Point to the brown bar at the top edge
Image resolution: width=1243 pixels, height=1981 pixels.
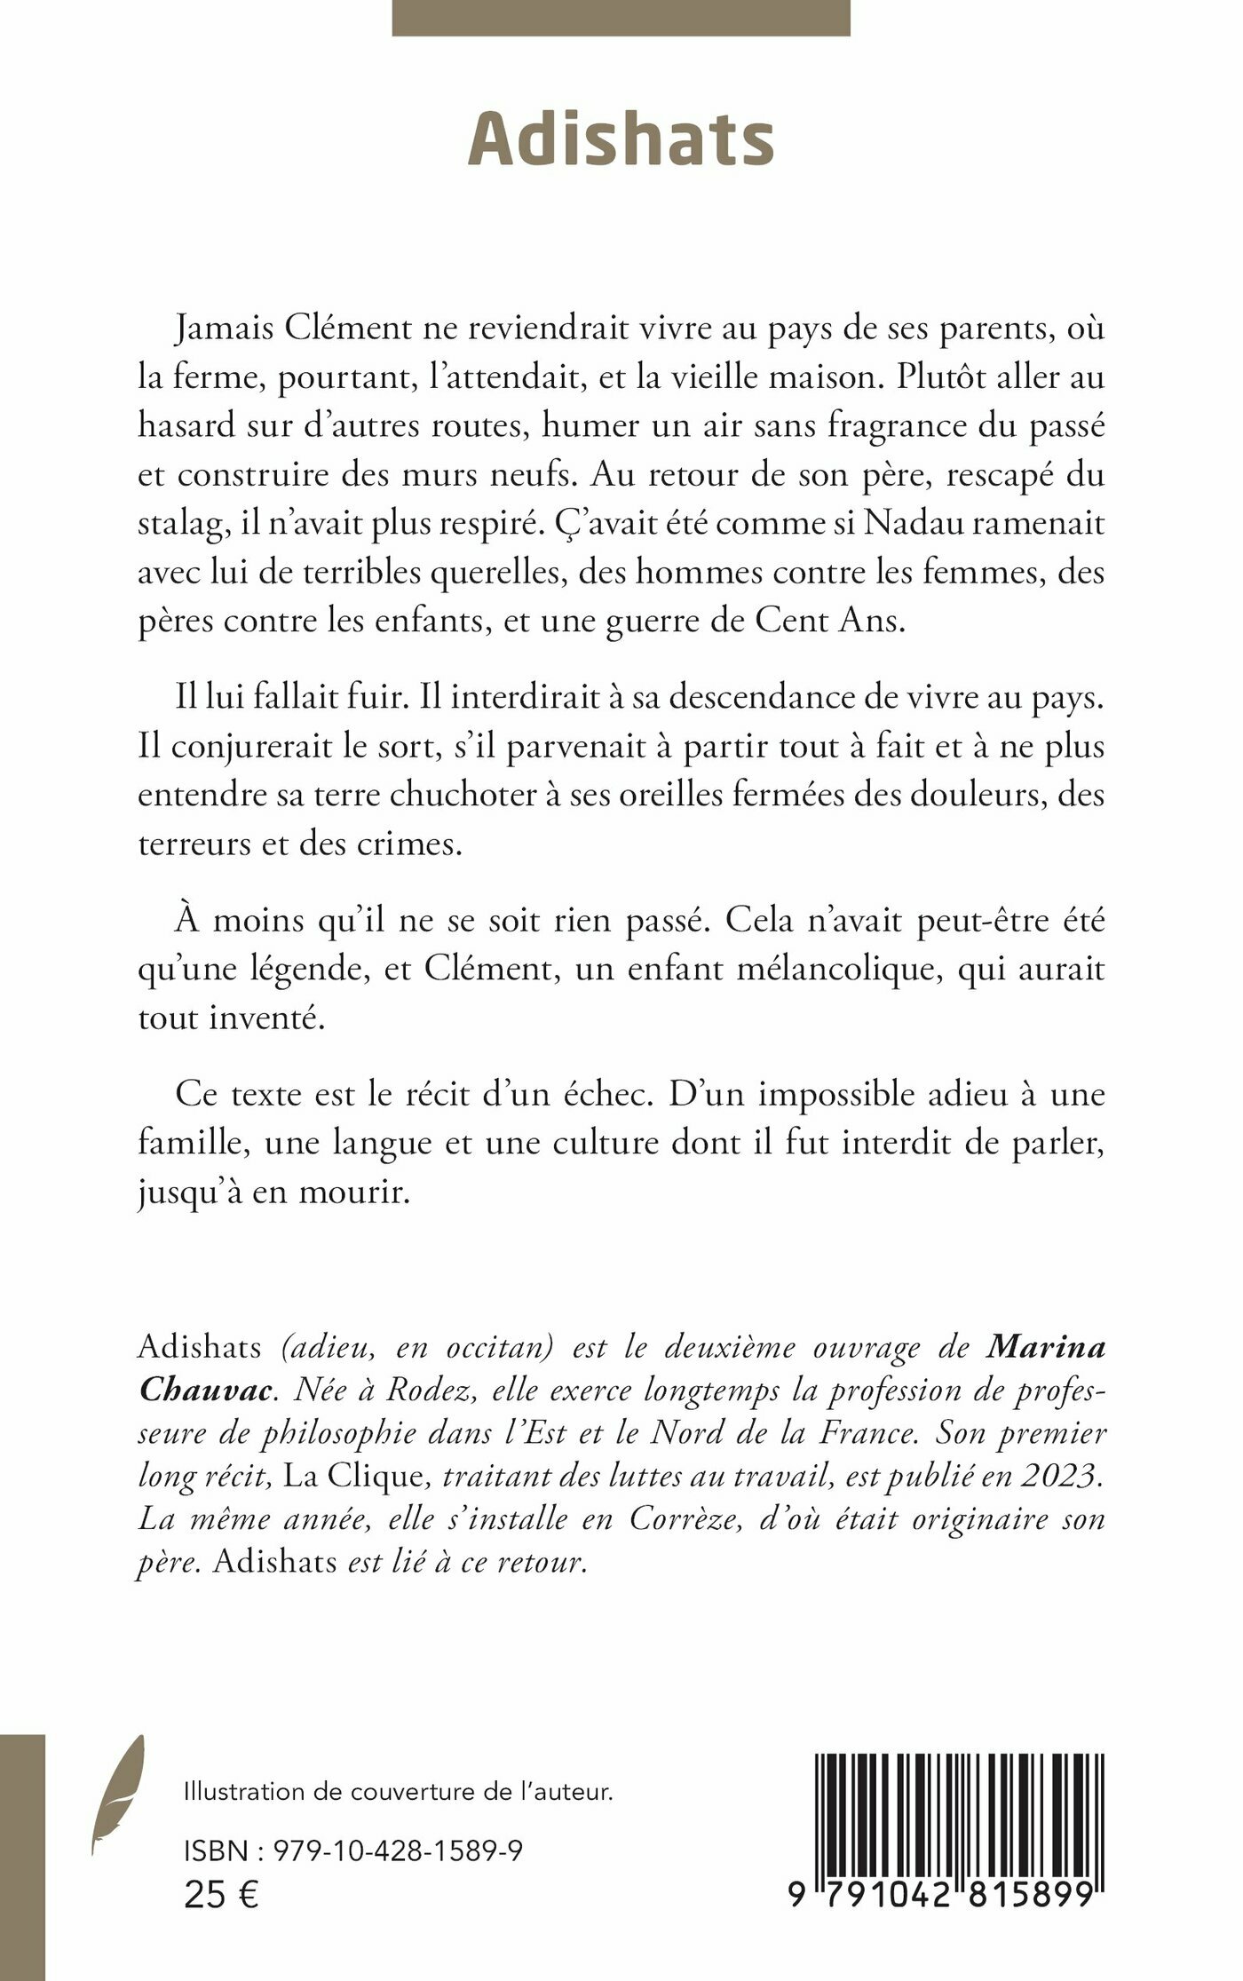621,18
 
